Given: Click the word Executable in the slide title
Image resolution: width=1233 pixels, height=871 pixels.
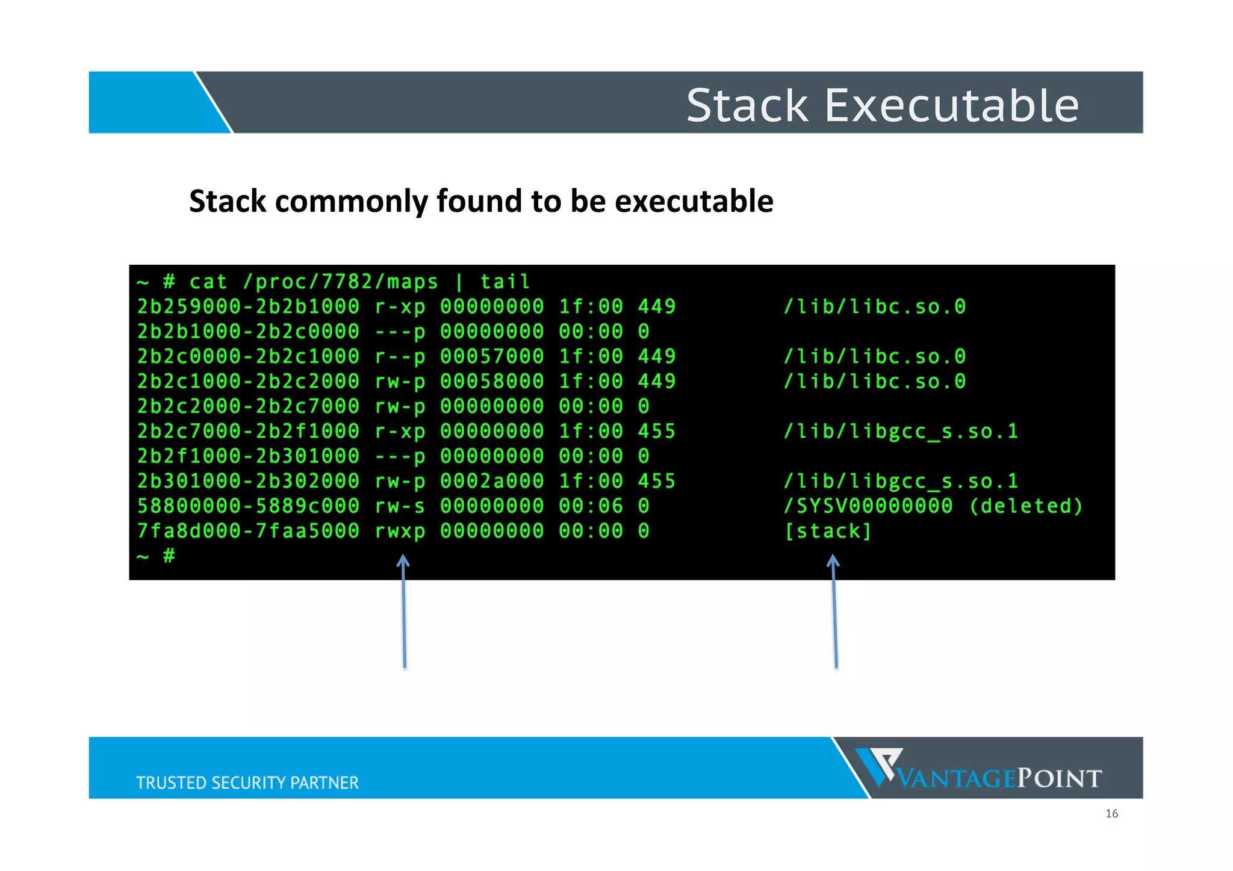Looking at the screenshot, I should [x=951, y=105].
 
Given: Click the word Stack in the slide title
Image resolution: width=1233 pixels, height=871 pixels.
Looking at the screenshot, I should [x=747, y=105].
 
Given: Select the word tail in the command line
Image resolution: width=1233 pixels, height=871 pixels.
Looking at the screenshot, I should [x=505, y=282].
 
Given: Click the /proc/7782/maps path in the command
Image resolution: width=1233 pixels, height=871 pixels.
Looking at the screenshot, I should [x=340, y=282].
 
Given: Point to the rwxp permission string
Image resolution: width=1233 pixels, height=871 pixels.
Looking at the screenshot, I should [x=400, y=531].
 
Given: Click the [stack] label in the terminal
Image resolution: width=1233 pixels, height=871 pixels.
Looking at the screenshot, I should [x=828, y=531].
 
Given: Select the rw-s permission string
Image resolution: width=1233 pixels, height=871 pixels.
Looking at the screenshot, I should [x=400, y=506].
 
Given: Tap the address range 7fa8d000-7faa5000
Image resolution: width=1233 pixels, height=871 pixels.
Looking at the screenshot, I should [x=248, y=531].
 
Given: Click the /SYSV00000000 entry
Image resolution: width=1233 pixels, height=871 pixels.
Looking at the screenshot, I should [x=868, y=506].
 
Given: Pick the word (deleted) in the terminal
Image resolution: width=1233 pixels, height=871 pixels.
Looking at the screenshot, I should [x=1026, y=506].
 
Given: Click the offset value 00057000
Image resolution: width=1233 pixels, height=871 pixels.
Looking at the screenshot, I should [x=492, y=356].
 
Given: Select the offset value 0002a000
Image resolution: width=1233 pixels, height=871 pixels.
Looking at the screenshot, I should [x=492, y=481].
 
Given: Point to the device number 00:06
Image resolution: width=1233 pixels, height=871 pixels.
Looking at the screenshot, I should [x=591, y=506].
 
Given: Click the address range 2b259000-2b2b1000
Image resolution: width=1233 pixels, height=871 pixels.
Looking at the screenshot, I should [x=248, y=307].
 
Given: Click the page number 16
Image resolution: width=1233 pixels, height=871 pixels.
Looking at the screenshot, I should [x=1111, y=814].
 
